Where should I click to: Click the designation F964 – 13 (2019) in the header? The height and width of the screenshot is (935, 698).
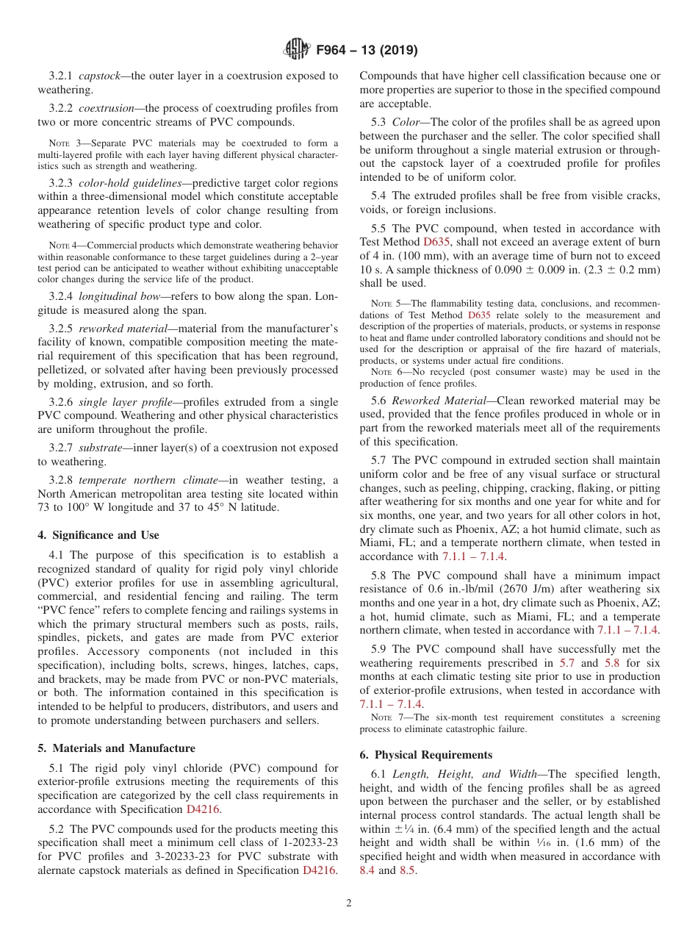[367, 50]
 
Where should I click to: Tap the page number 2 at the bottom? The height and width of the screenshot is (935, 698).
[349, 903]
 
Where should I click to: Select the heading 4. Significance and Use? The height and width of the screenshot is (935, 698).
[98, 535]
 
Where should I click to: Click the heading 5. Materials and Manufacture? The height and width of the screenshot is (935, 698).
[116, 748]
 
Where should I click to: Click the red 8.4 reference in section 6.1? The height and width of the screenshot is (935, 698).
[367, 870]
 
